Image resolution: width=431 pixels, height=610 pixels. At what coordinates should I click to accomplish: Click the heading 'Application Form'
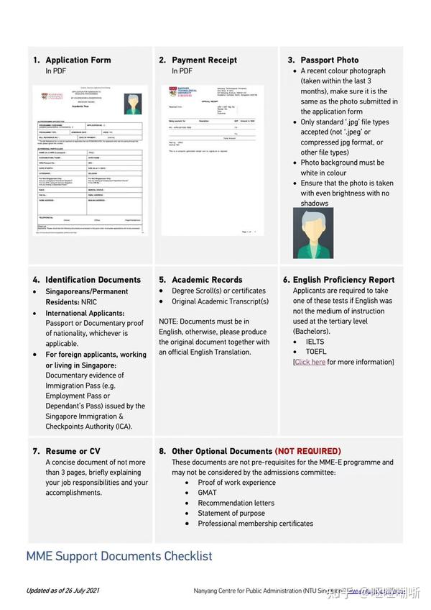78,60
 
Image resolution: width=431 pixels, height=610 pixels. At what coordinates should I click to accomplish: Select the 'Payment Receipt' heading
204,60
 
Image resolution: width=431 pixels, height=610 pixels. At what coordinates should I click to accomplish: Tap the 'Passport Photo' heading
329,60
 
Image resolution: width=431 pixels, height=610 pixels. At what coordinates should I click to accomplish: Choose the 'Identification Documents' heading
93,280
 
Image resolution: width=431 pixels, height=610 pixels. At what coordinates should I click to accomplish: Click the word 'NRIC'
88,302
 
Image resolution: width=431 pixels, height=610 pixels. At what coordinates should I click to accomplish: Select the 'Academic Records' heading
207,280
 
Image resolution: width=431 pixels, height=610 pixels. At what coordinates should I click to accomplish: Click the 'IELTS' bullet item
315,342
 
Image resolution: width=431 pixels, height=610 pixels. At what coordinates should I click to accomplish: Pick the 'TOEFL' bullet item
315,352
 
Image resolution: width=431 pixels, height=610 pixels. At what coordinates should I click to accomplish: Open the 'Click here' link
310,362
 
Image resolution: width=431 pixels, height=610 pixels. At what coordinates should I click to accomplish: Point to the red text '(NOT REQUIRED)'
307,451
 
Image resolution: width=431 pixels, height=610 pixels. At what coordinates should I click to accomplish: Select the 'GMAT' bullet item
207,493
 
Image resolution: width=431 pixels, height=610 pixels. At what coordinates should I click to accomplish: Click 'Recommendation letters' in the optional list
236,503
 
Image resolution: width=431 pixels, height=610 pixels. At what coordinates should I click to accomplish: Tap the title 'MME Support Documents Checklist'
119,556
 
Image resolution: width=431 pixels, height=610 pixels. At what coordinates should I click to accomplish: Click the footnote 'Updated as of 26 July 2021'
62,591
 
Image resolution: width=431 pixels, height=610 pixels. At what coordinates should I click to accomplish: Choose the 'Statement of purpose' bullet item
231,513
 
